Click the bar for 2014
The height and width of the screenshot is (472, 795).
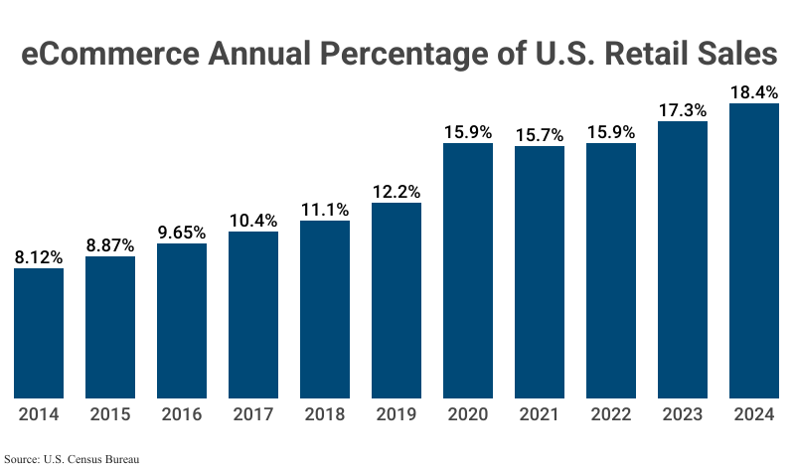click(x=39, y=333)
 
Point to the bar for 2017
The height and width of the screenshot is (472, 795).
click(x=253, y=314)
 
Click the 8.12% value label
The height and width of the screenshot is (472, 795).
click(x=39, y=257)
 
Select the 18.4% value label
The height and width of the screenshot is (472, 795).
click(x=754, y=91)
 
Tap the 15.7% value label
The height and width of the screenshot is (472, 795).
click(x=540, y=134)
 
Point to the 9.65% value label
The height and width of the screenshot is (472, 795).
click(x=182, y=233)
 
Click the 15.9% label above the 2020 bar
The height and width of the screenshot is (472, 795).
click(x=468, y=131)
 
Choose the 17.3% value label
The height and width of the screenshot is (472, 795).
click(x=683, y=109)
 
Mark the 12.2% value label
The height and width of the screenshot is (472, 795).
click(x=397, y=191)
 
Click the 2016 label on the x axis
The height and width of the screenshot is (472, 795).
click(x=182, y=415)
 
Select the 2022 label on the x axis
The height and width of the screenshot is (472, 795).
click(x=611, y=415)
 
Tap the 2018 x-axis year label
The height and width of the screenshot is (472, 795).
click(x=325, y=415)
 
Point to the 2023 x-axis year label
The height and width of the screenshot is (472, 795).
click(x=683, y=415)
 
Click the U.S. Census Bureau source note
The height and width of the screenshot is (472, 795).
click(x=72, y=460)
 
